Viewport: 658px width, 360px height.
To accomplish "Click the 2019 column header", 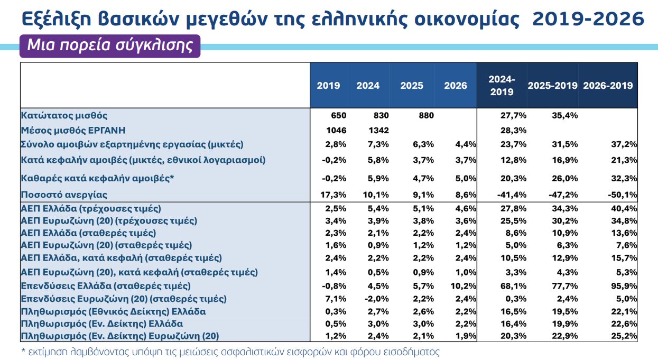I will [x=328, y=86].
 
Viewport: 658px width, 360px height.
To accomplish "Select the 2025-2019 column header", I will [x=553, y=86].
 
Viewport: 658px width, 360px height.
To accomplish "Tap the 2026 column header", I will [x=456, y=86].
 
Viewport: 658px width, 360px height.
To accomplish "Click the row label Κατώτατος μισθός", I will [x=64, y=115].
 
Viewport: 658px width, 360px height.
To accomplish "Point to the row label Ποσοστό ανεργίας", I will [x=64, y=195].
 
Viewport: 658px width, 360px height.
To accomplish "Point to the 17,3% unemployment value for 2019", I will [x=332, y=195].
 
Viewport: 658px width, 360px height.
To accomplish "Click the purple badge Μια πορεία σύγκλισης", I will [x=110, y=45].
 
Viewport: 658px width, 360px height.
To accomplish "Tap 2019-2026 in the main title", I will [x=588, y=19].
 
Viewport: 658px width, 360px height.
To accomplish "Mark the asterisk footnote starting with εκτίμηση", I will [x=230, y=352].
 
